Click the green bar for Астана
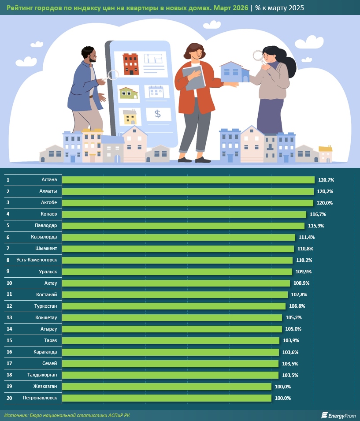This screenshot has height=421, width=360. (x=188, y=180)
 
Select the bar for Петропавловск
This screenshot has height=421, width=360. (x=167, y=398)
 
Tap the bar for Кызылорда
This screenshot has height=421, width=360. (x=178, y=237)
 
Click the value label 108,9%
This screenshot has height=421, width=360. (x=301, y=283)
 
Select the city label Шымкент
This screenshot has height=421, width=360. (x=46, y=249)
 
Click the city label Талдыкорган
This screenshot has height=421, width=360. (x=42, y=375)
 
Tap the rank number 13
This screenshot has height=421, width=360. (x=9, y=317)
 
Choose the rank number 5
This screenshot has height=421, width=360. (x=8, y=226)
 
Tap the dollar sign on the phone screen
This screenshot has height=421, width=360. (x=158, y=114)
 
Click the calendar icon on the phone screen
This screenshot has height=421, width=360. (x=156, y=92)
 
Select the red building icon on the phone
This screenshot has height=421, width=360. (x=130, y=64)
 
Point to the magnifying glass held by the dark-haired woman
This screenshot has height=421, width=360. (x=258, y=56)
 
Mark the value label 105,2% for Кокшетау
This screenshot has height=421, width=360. (x=293, y=317)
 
